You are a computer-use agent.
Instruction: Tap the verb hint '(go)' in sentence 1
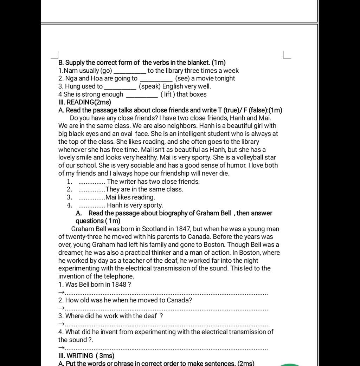click(106, 71)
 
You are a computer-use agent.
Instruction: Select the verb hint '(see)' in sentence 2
click(182, 78)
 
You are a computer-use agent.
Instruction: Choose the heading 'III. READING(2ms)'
click(84, 102)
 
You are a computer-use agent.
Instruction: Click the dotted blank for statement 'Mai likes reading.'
click(91, 198)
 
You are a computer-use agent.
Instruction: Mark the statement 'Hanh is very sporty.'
click(135, 205)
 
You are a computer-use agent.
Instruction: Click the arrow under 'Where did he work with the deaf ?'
click(62, 324)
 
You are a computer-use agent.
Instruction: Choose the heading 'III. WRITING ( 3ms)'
click(86, 355)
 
